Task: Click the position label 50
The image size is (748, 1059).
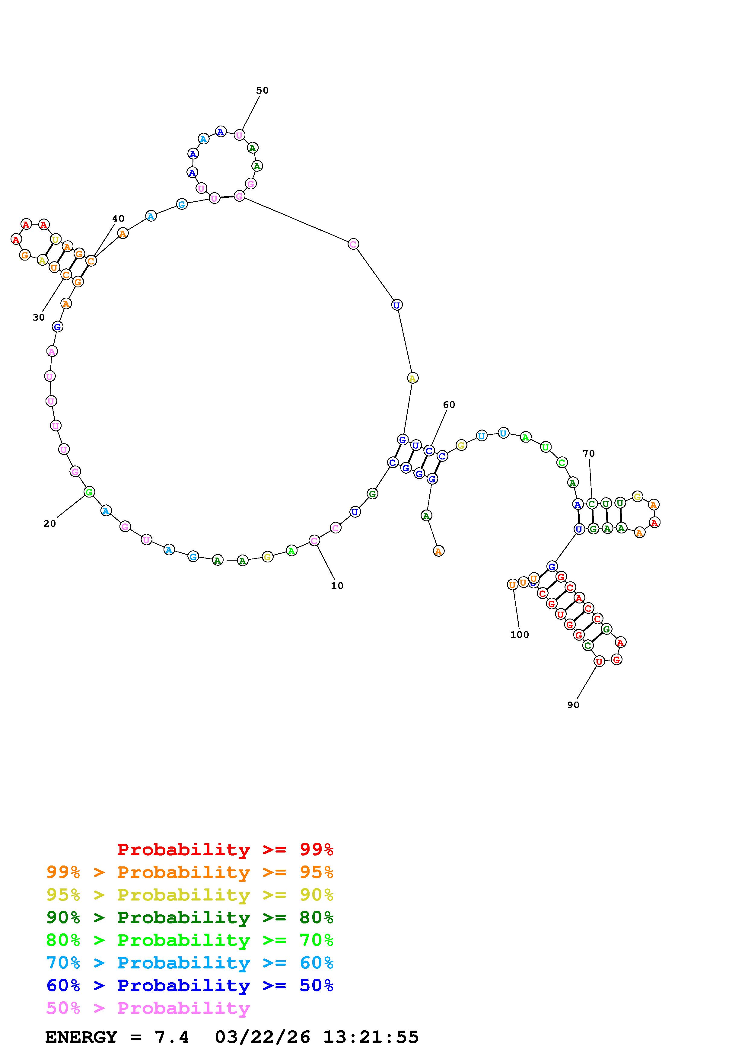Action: [x=262, y=90]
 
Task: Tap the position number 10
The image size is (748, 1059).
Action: [x=337, y=586]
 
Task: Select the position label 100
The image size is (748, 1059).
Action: [x=519, y=635]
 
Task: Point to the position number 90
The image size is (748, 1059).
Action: [x=573, y=705]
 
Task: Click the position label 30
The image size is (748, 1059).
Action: [x=39, y=317]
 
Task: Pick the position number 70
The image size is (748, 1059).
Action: [x=589, y=453]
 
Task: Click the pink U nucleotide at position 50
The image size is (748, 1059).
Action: [x=239, y=135]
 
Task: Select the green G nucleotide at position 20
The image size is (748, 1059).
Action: [x=89, y=492]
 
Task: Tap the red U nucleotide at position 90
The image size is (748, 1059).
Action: [x=599, y=661]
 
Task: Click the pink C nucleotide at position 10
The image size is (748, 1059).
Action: [x=314, y=541]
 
